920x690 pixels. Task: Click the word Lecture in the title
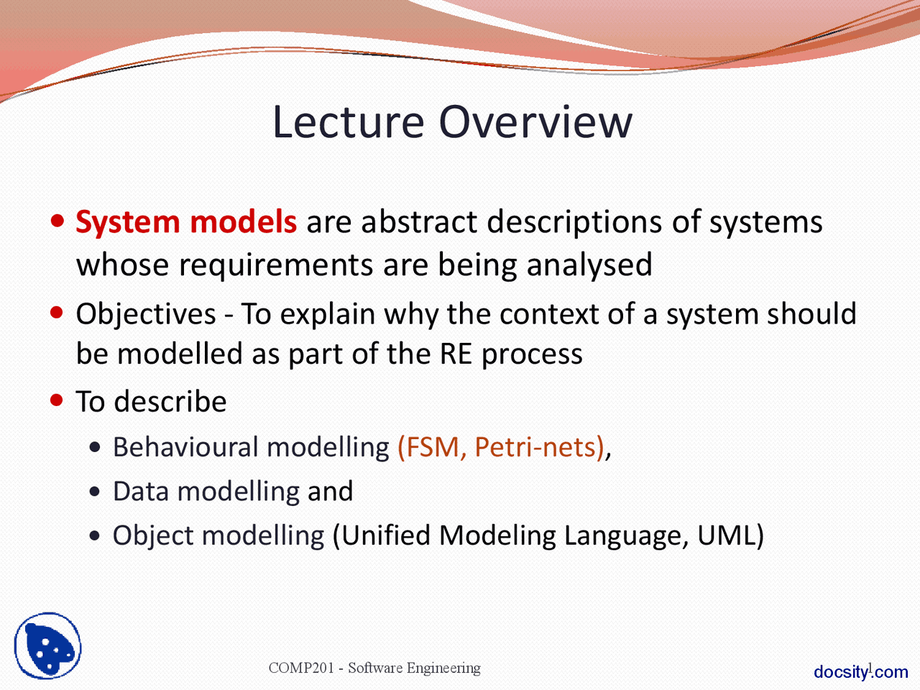point(349,122)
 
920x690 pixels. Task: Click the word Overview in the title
point(535,122)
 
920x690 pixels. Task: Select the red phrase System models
point(186,223)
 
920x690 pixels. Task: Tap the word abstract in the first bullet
point(419,221)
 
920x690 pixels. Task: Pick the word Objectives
point(146,314)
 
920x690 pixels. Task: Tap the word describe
point(170,401)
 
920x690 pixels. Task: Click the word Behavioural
point(185,447)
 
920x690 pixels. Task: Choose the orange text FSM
point(432,448)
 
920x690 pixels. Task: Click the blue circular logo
point(47,645)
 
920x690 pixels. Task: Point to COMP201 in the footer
point(301,668)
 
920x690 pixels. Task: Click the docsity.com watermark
point(861,672)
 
